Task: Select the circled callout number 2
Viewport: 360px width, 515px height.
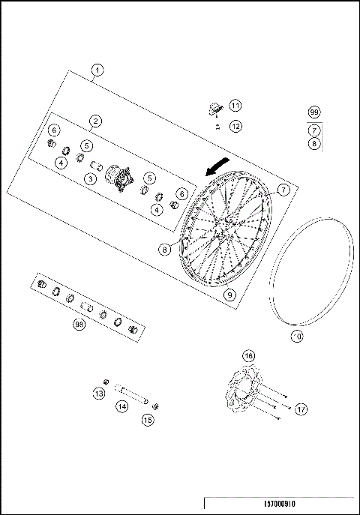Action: tap(96, 121)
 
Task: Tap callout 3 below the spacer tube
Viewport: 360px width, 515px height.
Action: tap(89, 178)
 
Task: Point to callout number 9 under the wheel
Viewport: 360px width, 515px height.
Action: tap(230, 295)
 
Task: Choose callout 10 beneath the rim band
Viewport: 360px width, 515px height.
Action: tap(297, 337)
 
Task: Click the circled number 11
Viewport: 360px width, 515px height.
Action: tap(235, 105)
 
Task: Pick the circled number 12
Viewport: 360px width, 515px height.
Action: tap(235, 127)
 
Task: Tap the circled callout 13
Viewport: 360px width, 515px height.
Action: tap(98, 393)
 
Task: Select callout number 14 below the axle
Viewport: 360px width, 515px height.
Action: tap(121, 406)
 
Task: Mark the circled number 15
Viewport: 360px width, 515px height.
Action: tap(147, 421)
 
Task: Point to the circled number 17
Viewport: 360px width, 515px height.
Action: tap(301, 409)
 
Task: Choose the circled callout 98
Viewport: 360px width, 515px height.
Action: tap(78, 325)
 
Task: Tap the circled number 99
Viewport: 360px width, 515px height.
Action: tap(314, 112)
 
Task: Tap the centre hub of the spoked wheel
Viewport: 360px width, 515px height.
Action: tap(223, 235)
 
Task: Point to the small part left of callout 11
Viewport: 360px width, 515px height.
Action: tap(214, 109)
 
